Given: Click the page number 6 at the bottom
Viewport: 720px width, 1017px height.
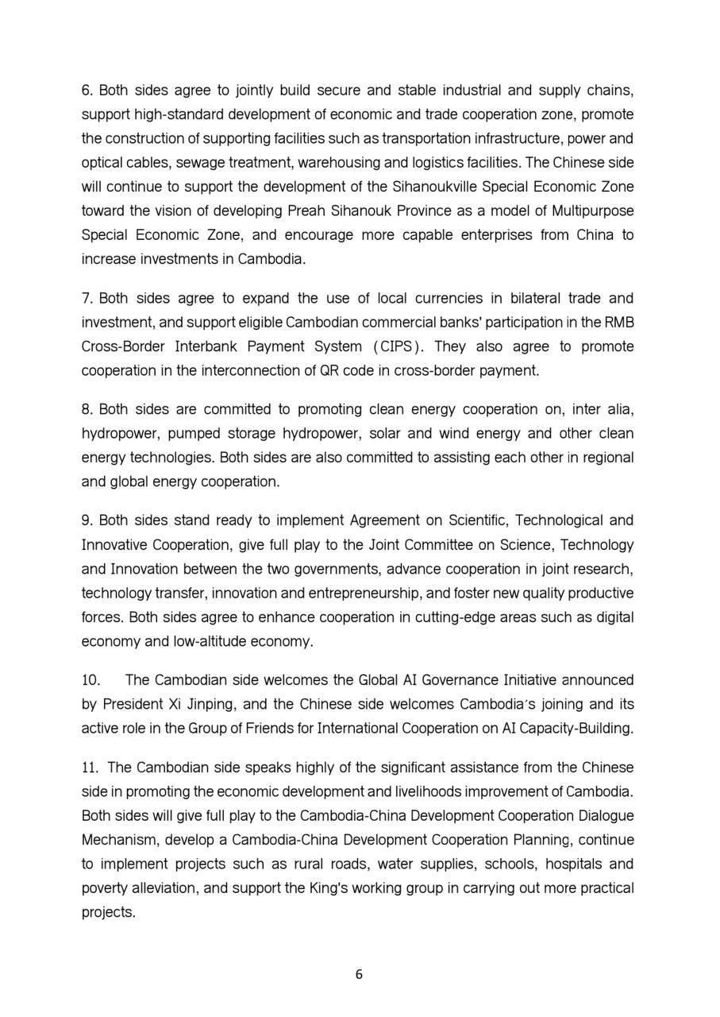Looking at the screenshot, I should tap(360, 975).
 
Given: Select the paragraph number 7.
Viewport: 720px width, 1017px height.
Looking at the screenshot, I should tap(87, 299).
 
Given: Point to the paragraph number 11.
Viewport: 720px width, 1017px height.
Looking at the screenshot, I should tap(90, 768).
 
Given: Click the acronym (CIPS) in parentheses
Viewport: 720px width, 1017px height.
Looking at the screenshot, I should tap(398, 346).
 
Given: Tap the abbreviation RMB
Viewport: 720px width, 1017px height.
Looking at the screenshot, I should tap(618, 323).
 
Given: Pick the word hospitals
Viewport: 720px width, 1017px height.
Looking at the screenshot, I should tap(564, 864).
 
